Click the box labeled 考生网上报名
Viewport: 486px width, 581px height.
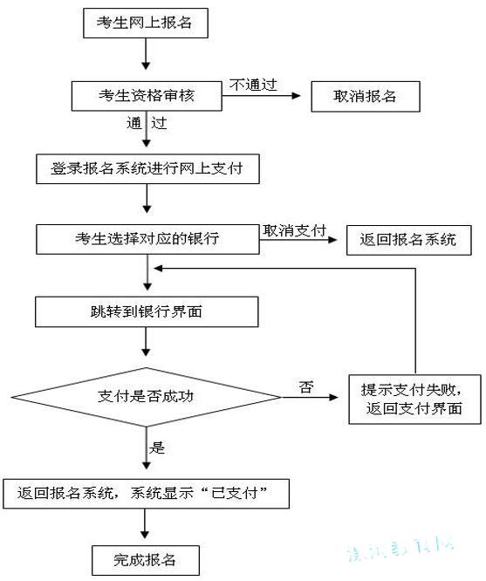pyautogui.click(x=146, y=24)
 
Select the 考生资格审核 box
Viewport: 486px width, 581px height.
pyautogui.click(x=146, y=95)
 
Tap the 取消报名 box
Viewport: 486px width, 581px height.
pyautogui.click(x=366, y=96)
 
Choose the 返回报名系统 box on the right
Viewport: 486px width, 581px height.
pyautogui.click(x=407, y=240)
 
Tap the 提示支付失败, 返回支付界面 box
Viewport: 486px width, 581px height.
pyautogui.click(x=414, y=398)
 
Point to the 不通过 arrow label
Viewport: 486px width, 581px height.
pyautogui.click(x=253, y=84)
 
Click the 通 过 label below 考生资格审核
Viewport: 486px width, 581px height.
pyautogui.click(x=146, y=123)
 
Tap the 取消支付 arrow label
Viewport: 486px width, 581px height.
pyautogui.click(x=294, y=230)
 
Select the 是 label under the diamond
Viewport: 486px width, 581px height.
pyautogui.click(x=158, y=448)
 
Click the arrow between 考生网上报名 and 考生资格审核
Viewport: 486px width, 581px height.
pyautogui.click(x=146, y=56)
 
